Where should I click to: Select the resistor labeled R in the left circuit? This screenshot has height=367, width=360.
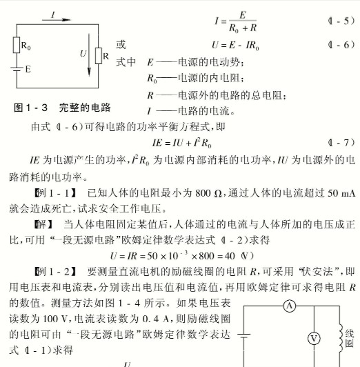coord(97,54)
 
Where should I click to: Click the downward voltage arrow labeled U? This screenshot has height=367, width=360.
coord(88,59)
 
